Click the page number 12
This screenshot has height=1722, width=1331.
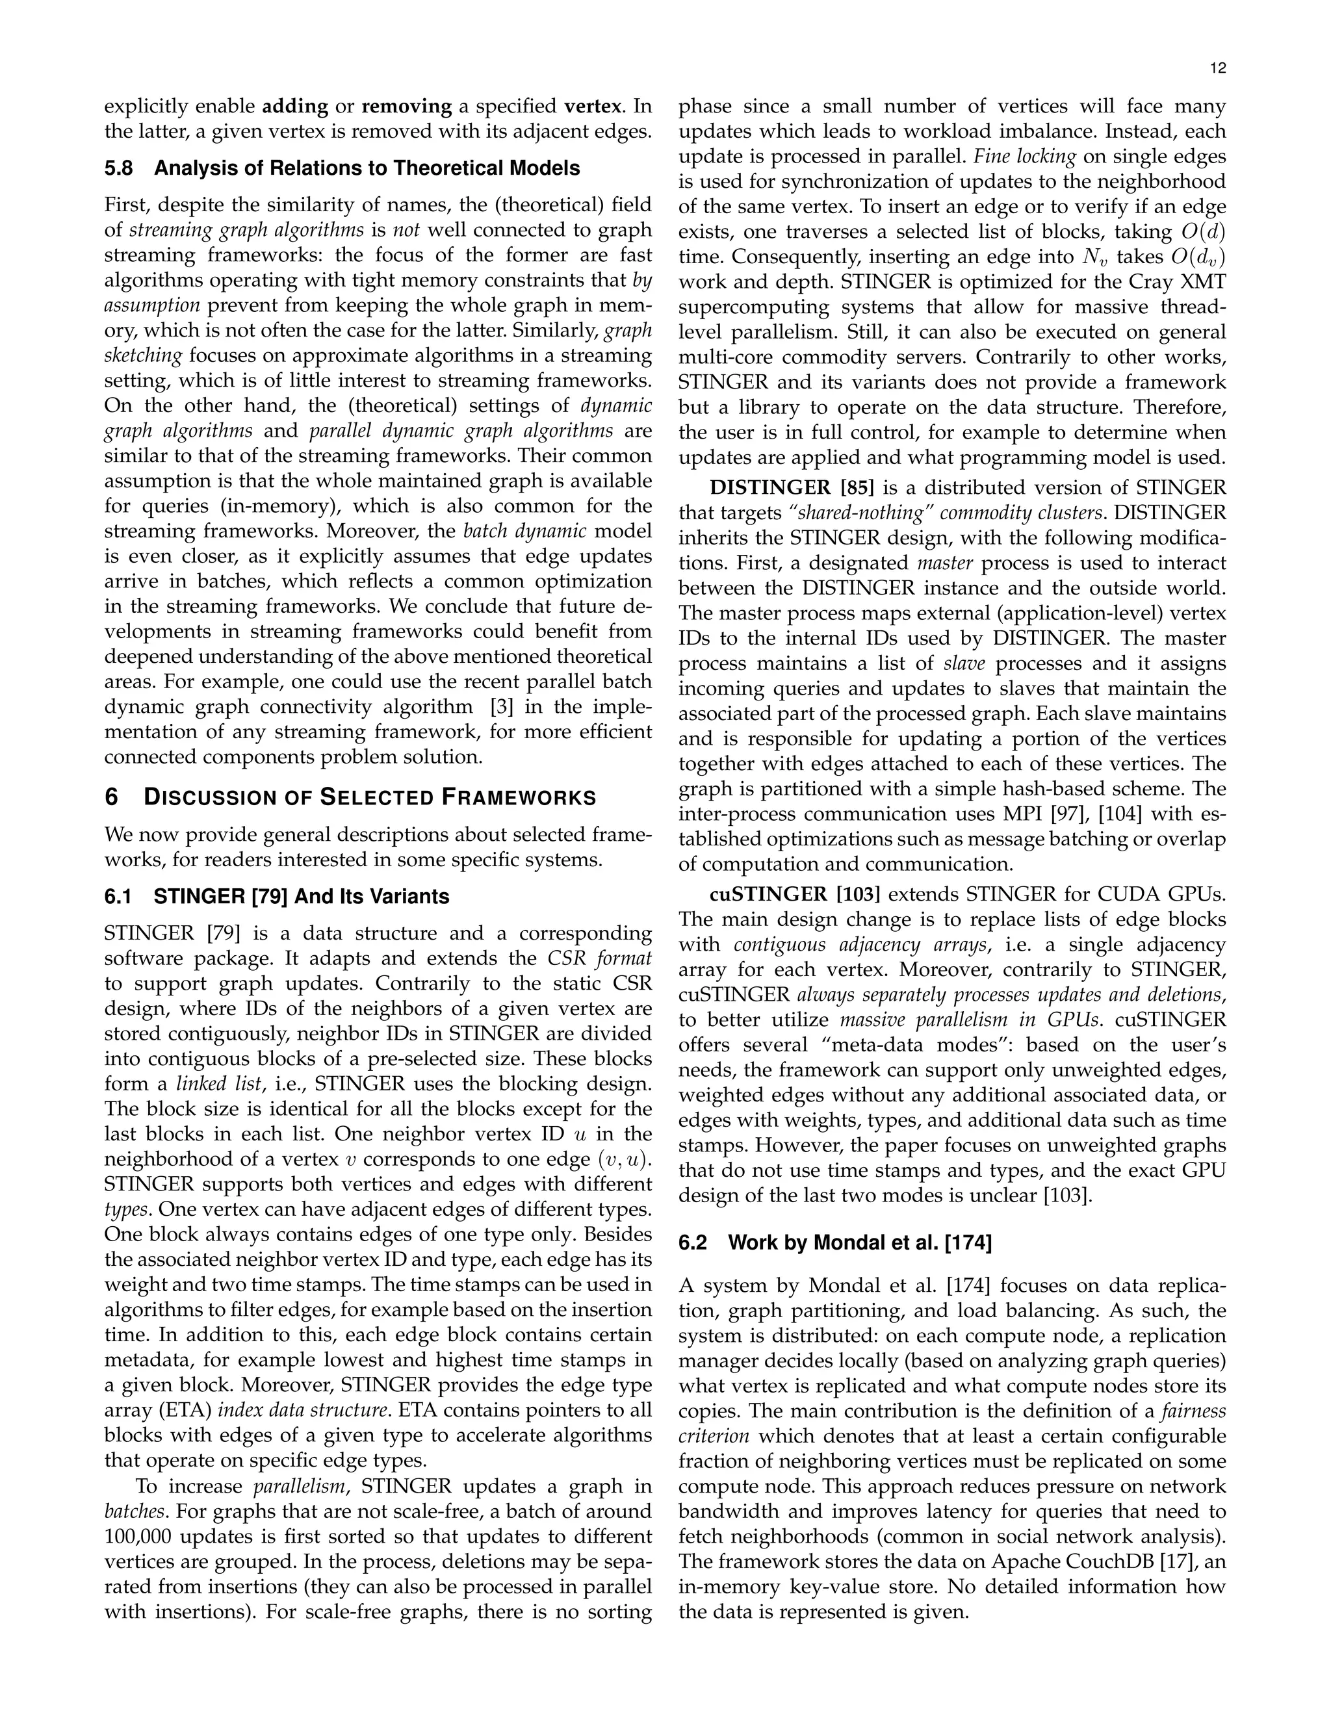pos(1217,70)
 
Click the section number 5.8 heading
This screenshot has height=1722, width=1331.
pos(119,169)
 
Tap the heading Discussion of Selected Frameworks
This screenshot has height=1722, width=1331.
pos(369,798)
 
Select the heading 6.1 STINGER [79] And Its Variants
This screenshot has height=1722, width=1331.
pos(277,897)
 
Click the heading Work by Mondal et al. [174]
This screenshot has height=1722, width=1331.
pos(859,1243)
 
